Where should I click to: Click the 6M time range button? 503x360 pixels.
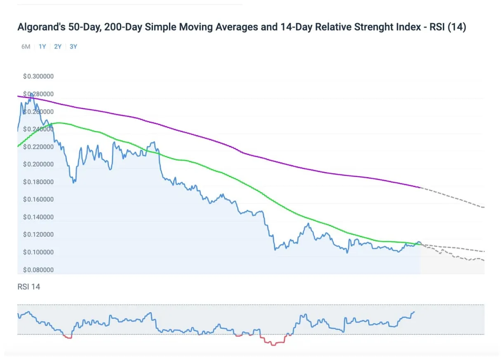click(26, 47)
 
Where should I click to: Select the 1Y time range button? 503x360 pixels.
click(42, 47)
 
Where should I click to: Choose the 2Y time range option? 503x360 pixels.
click(58, 47)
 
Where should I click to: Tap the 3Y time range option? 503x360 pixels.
click(73, 47)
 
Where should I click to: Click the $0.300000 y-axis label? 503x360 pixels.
click(38, 76)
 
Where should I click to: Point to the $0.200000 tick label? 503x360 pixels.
click(38, 164)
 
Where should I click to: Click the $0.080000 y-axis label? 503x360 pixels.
click(38, 270)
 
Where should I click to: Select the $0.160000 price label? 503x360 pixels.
click(38, 199)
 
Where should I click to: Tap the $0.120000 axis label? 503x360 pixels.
click(38, 234)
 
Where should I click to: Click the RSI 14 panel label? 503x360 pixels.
click(29, 287)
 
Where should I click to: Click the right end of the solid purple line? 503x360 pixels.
click(419, 187)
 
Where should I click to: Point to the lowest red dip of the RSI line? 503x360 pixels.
click(272, 345)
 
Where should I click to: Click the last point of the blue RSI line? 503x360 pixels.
click(414, 312)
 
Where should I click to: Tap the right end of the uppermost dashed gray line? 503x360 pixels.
click(484, 207)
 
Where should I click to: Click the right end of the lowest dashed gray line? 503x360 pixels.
click(484, 260)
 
